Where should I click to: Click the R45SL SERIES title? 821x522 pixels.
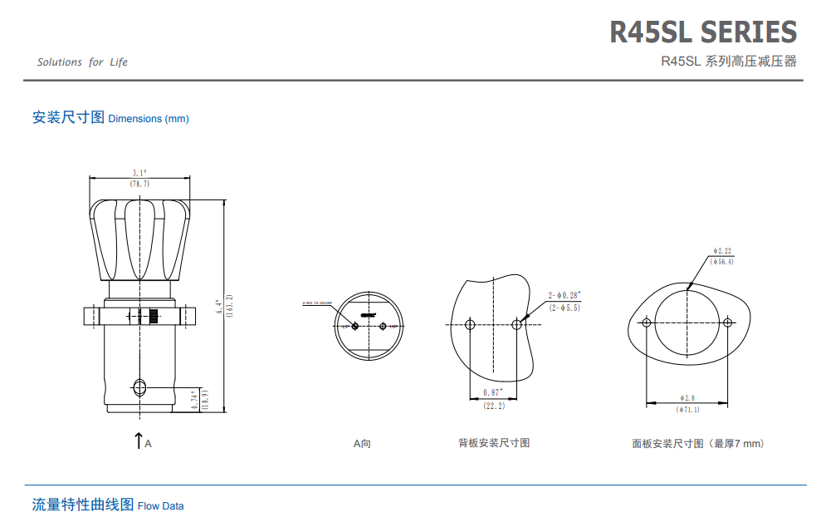[x=703, y=32]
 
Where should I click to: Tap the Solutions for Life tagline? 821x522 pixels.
[x=82, y=62]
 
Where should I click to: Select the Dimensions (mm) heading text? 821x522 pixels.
[x=149, y=119]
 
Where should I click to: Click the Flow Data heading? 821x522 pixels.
[x=161, y=505]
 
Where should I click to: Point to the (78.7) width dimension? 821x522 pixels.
[x=139, y=183]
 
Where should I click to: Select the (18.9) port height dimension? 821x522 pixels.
[x=203, y=401]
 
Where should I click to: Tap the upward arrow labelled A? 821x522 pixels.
[x=139, y=441]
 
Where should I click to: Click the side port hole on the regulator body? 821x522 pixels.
[x=139, y=387]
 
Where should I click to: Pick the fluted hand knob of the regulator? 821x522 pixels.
[x=139, y=239]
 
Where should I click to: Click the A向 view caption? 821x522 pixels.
[x=362, y=444]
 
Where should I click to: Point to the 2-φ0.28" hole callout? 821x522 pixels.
[x=564, y=295]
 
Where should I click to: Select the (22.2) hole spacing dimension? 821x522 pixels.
[x=494, y=406]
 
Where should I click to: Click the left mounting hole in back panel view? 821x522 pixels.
[x=471, y=324]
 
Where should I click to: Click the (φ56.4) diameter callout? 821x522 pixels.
[x=722, y=261]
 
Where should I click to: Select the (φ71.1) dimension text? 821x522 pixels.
[x=688, y=409]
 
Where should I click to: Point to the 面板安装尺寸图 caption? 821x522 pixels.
[x=697, y=444]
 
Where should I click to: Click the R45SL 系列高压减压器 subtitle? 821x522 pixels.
[x=728, y=62]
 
